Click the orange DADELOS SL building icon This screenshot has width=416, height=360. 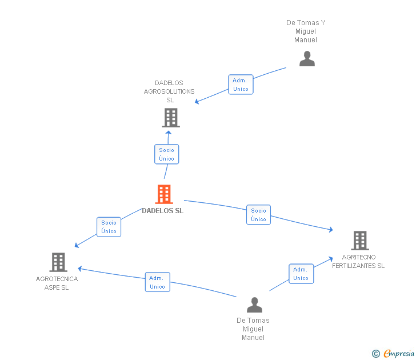164,194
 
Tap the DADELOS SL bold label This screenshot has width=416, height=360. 163,211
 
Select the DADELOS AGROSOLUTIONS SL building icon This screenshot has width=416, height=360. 170,118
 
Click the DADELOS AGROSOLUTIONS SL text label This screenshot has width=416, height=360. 169,91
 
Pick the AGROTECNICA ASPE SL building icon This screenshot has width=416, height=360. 58,262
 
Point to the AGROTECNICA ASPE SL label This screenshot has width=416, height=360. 57,283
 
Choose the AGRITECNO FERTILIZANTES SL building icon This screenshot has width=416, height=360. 359,241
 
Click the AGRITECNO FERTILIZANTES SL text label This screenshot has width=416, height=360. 358,262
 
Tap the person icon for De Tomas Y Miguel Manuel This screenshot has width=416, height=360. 307,59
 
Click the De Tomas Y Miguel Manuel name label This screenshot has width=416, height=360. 306,31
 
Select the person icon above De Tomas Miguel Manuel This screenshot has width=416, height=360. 254,305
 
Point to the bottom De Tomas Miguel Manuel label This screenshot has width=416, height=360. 253,329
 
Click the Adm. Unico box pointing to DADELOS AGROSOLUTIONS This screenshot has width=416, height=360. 241,85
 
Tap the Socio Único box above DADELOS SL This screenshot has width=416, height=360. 166,154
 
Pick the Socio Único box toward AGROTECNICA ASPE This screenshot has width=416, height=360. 109,227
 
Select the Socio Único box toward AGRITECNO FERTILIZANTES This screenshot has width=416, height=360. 258,215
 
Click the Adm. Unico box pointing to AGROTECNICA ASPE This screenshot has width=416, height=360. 157,282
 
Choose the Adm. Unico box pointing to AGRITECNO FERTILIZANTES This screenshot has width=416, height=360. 301,274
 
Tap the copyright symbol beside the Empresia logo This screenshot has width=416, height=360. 376,354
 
